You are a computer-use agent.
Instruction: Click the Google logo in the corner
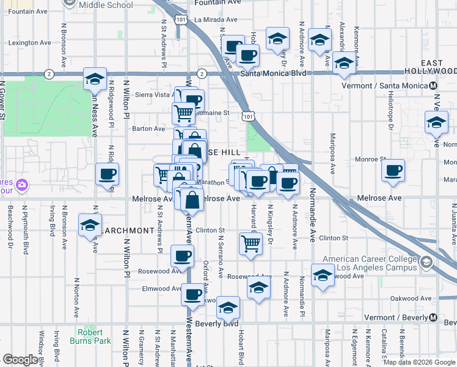coord(20,360)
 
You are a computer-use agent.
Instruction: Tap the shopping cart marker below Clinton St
coord(251,243)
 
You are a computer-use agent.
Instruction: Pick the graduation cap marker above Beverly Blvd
coord(228,308)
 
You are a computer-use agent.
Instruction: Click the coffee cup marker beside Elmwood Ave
coord(192,295)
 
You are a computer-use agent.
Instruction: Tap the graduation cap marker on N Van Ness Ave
coord(95,78)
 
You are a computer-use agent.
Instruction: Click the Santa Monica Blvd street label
coord(272,73)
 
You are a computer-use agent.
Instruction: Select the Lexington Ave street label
coord(29,43)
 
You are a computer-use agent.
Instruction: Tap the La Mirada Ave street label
coord(214,19)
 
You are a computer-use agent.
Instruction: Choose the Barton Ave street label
coord(149,129)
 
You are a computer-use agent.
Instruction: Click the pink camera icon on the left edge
coord(22,184)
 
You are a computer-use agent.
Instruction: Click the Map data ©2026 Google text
coord(419,362)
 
